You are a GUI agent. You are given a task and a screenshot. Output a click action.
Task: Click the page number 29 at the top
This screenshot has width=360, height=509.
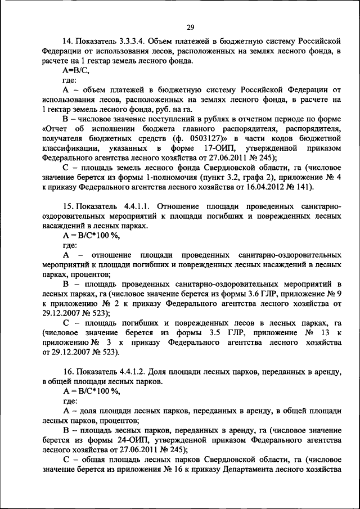coord(190,27)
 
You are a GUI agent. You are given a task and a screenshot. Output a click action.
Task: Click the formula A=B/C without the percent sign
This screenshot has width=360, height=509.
coord(76,71)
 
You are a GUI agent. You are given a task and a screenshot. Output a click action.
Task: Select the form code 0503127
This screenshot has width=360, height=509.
coord(198,138)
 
